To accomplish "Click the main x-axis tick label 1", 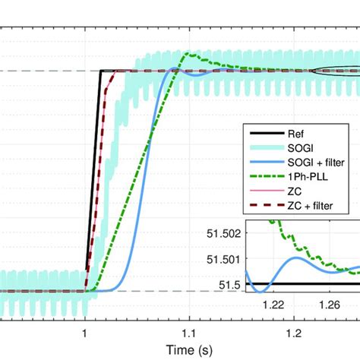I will [x=85, y=332].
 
